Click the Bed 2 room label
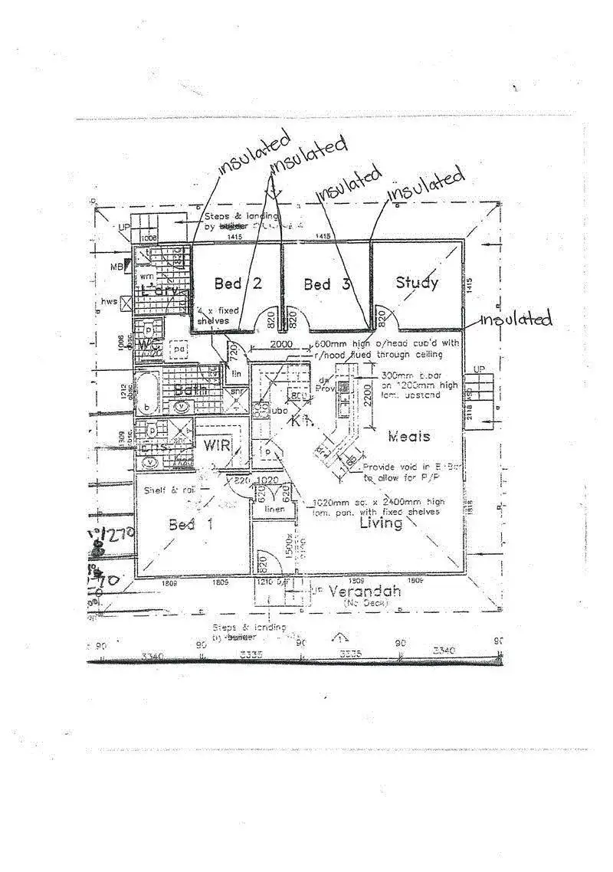[x=238, y=284]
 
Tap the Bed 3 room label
[x=327, y=284]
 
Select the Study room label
[x=417, y=282]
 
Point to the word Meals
[x=408, y=436]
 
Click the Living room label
[x=381, y=523]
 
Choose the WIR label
[x=217, y=445]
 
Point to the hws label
[x=110, y=301]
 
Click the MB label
[x=116, y=266]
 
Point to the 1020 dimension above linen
[x=268, y=480]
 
